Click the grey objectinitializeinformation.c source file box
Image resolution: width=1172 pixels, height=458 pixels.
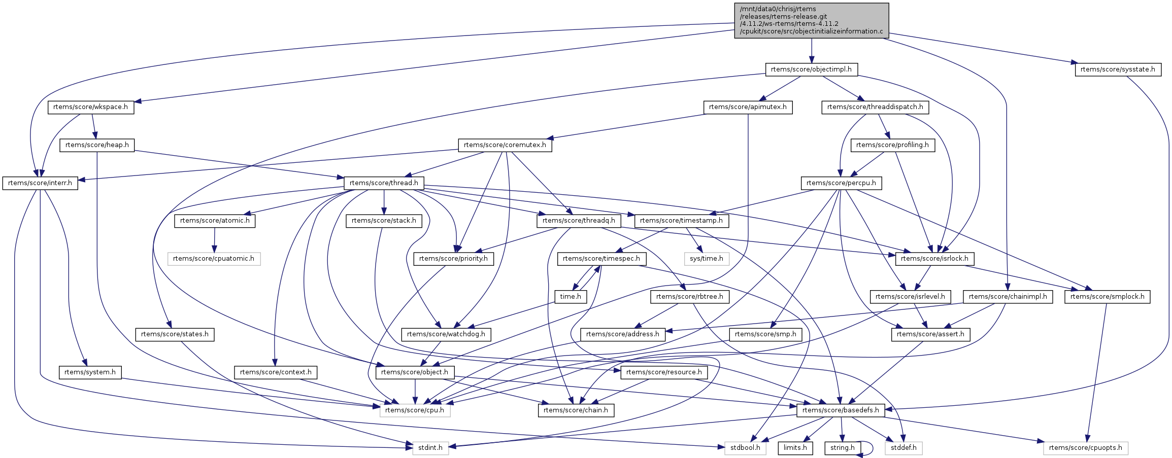coord(811,20)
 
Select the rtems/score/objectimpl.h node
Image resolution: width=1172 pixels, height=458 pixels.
coord(811,69)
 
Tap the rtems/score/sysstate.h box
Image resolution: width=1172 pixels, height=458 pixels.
coord(1118,69)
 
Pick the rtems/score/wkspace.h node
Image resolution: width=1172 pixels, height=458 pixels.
coord(91,107)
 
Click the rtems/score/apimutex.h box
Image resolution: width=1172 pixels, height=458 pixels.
coord(748,107)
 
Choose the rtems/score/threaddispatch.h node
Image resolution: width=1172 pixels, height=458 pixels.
coord(876,107)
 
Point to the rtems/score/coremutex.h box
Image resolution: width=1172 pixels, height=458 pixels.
coord(505,145)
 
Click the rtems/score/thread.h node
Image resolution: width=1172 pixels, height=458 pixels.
coord(384,183)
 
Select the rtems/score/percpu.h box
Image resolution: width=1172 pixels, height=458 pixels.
coord(841,183)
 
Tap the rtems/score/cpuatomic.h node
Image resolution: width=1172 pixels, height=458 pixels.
coord(214,259)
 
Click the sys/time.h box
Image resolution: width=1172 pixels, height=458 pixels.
coord(707,259)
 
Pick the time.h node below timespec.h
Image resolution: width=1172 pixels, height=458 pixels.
coord(571,297)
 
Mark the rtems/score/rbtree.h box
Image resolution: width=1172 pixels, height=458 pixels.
coord(689,297)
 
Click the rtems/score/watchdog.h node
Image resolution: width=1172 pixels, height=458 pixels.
coord(446,334)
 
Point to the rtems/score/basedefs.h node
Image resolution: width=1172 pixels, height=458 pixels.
coord(840,410)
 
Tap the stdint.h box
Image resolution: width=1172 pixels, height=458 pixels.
coord(430,448)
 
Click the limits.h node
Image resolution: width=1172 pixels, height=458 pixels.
coord(795,448)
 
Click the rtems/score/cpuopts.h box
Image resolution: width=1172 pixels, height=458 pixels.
coord(1086,448)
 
